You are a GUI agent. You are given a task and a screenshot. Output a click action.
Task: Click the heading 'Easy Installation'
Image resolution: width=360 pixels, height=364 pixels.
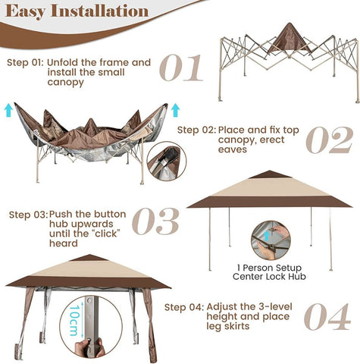coord(79,11)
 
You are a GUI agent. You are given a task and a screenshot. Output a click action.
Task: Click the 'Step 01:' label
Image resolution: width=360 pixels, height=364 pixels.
coord(25,62)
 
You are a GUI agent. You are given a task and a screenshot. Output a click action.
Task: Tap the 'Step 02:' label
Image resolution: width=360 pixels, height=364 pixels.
coord(196,129)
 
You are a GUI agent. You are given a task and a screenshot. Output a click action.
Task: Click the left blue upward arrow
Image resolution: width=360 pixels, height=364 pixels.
coord(8,111)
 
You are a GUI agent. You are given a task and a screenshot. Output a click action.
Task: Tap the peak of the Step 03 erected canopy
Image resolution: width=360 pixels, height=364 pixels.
coord(271,174)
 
